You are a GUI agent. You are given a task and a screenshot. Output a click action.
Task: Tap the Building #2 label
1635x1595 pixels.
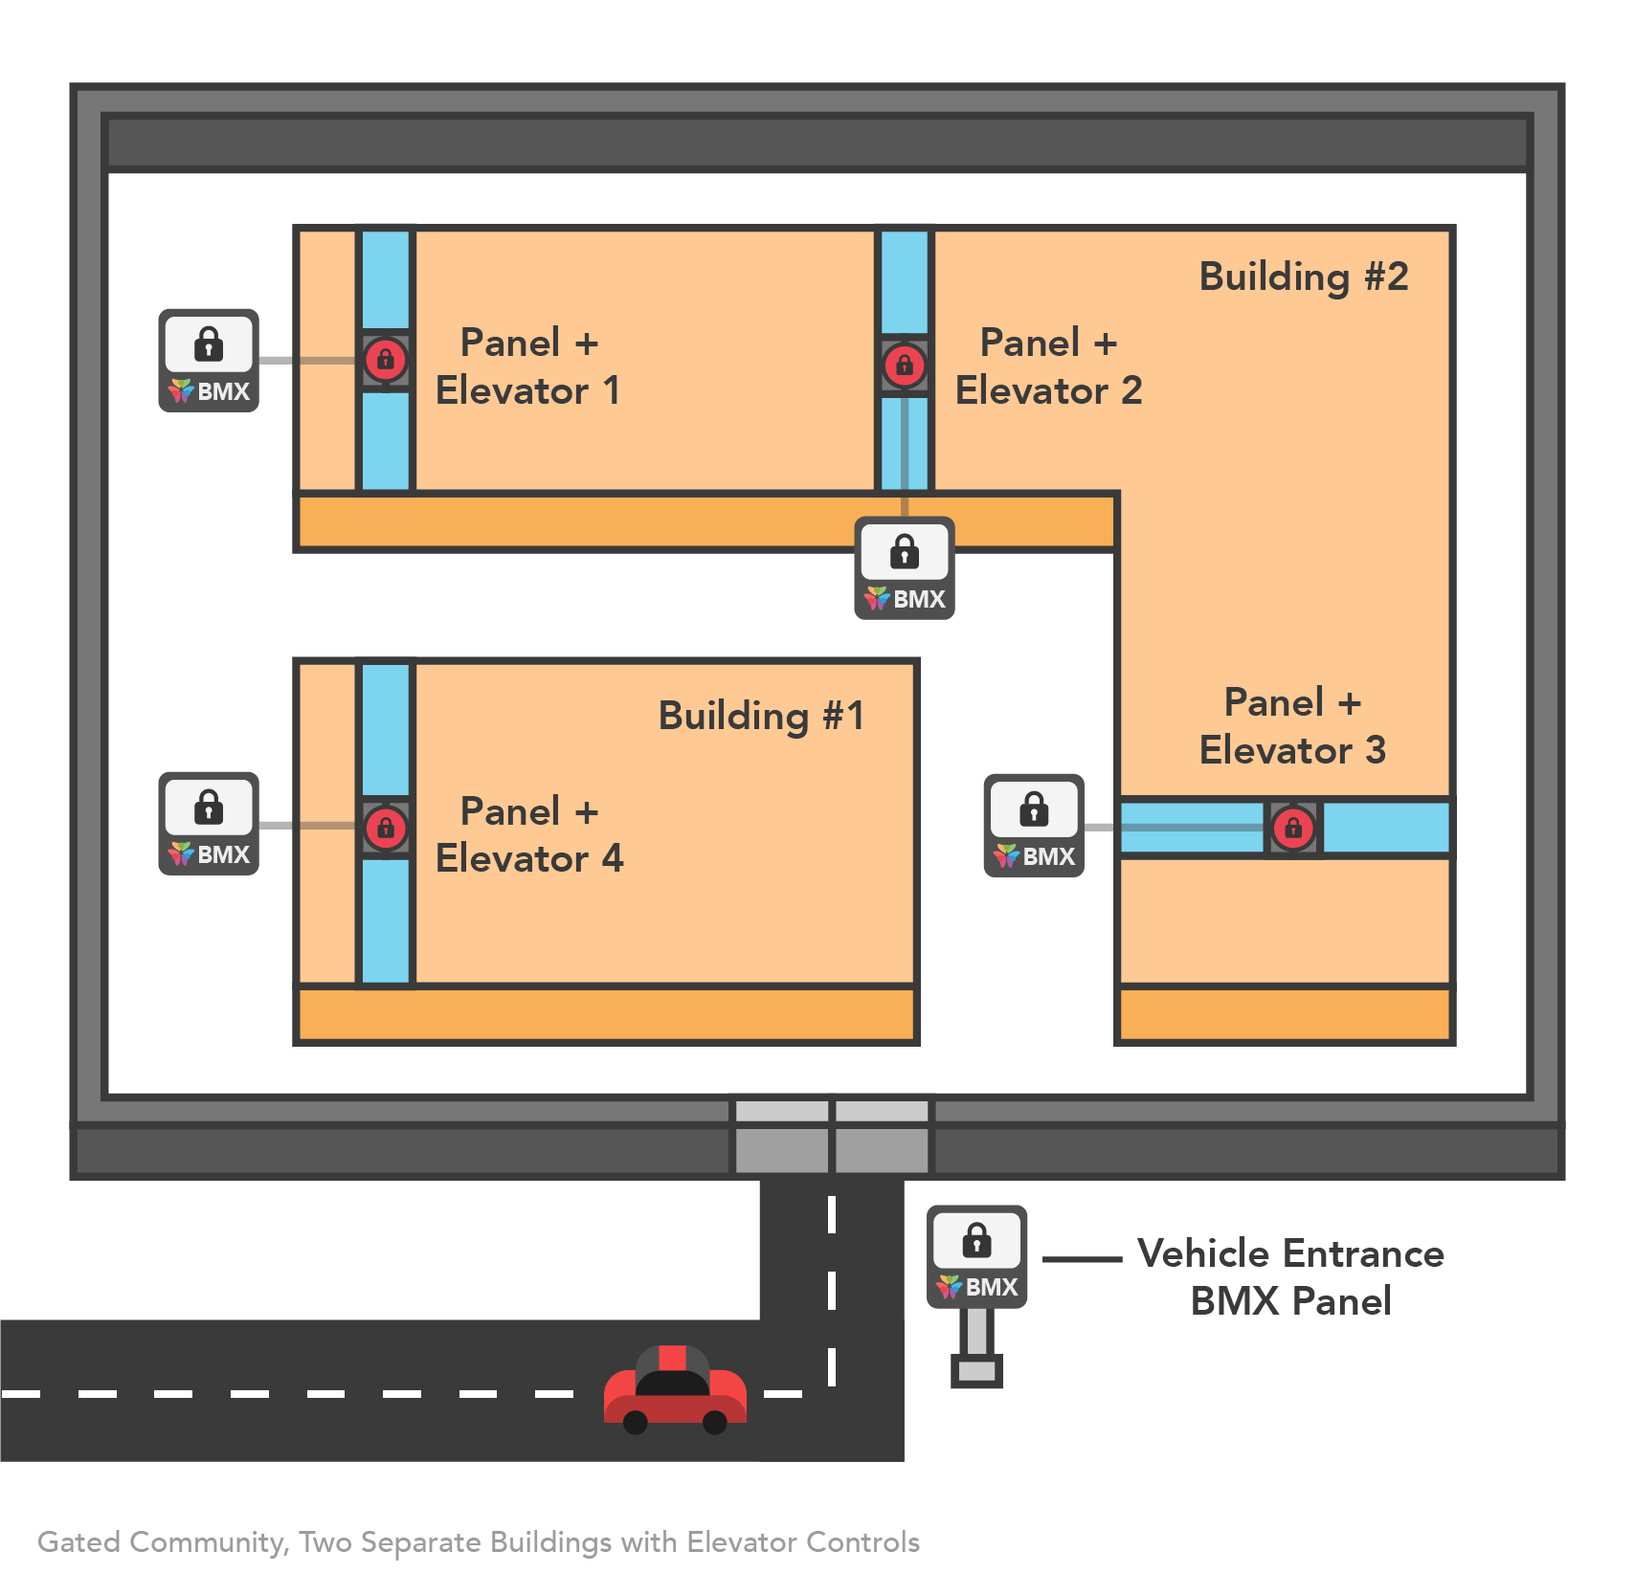(1303, 277)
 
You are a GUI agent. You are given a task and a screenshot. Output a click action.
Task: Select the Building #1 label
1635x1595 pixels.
(761, 716)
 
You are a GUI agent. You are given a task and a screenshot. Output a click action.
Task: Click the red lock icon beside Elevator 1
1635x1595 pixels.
(386, 360)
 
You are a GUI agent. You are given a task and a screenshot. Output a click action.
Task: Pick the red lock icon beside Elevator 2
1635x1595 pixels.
(905, 365)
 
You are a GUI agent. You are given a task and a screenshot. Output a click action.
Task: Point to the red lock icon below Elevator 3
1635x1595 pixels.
(1293, 828)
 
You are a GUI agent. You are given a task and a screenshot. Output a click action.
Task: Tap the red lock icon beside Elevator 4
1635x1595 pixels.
(386, 828)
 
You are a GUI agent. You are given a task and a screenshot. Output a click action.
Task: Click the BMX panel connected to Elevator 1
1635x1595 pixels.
(209, 361)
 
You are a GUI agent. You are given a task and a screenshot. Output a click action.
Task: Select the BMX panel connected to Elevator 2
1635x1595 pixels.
(905, 568)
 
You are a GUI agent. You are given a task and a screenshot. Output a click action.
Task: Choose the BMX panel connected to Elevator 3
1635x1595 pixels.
(1034, 826)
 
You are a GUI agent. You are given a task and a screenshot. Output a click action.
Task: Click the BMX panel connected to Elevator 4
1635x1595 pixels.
(209, 824)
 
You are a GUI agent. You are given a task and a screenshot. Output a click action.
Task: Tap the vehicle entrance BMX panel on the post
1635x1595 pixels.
(976, 1256)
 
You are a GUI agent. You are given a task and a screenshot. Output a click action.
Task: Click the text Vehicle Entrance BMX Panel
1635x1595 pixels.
(1290, 1277)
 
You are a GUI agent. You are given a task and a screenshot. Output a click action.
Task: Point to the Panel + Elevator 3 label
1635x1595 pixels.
(1292, 726)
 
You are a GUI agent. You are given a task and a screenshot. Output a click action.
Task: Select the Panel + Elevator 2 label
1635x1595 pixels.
(1048, 366)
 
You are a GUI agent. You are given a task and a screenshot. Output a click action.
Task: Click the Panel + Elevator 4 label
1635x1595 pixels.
(528, 834)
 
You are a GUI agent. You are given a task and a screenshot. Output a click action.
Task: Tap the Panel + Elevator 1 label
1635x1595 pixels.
(528, 366)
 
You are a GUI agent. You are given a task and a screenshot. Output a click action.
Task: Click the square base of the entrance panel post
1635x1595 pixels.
(976, 1370)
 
